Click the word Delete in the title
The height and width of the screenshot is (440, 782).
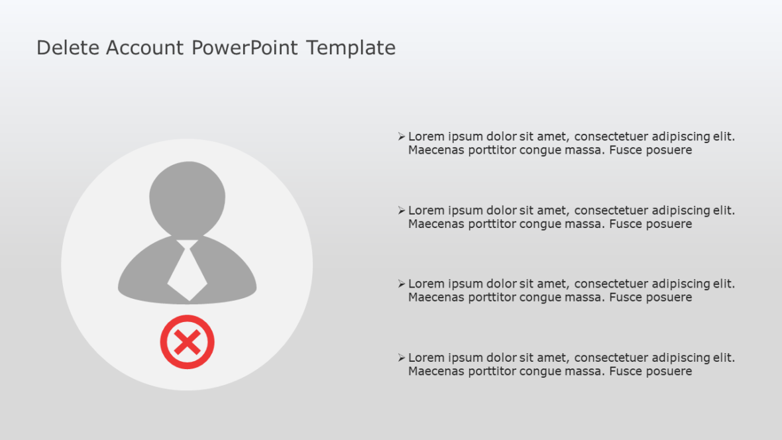tap(68, 48)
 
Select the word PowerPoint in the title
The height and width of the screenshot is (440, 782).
tap(245, 48)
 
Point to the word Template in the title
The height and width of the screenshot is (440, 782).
tap(351, 48)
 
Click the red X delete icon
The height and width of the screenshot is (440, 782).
tap(188, 342)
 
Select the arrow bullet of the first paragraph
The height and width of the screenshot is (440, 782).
tap(401, 137)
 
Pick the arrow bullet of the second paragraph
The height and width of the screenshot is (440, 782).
tap(401, 210)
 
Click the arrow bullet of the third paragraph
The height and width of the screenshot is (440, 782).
tap(401, 284)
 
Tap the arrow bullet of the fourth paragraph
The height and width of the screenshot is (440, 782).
tap(401, 358)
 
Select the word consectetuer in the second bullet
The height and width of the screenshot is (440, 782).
tap(611, 210)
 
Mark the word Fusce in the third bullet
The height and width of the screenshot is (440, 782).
tap(626, 298)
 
